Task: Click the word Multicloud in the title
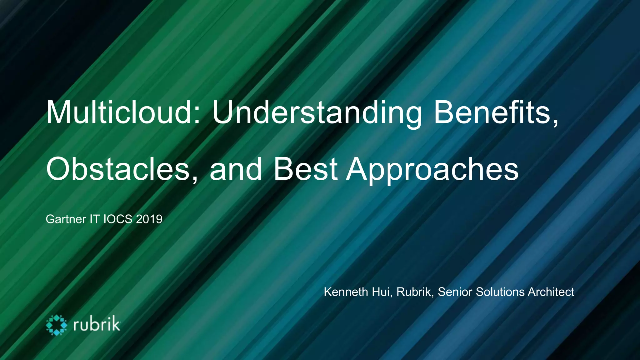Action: click(x=119, y=112)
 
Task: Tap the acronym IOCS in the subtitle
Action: click(x=118, y=219)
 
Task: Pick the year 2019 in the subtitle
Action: click(x=149, y=219)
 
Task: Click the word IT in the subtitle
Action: click(x=95, y=219)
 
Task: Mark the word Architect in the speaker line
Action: click(x=551, y=292)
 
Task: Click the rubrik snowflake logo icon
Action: click(x=57, y=325)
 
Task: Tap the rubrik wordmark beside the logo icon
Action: click(x=97, y=324)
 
